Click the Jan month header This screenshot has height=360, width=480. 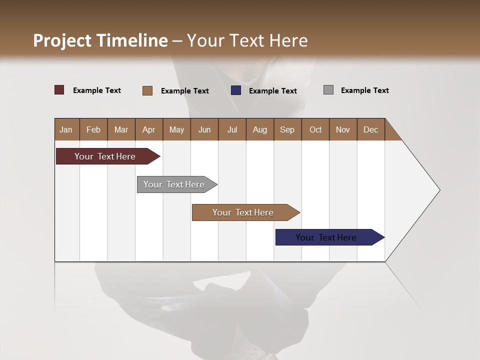[x=66, y=129]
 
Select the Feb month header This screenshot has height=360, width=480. [x=93, y=129]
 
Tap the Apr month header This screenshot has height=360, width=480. [x=148, y=129]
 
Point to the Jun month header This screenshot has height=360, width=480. [x=204, y=129]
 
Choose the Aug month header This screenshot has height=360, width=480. [x=260, y=129]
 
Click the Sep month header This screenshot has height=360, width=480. [x=287, y=129]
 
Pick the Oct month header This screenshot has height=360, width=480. [x=315, y=129]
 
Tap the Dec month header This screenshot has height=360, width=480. [x=370, y=129]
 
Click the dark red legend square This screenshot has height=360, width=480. [x=59, y=90]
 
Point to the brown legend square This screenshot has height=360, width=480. [x=147, y=90]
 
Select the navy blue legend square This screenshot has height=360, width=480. [x=236, y=90]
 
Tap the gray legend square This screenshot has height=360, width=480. [x=328, y=90]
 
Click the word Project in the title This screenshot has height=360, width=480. [x=62, y=40]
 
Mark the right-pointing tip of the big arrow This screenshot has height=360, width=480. [x=439, y=190]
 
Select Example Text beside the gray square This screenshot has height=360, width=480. [x=364, y=90]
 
